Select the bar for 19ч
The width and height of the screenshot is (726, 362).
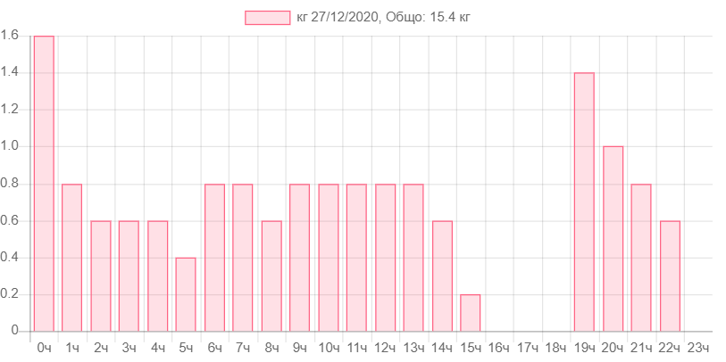[x=584, y=202]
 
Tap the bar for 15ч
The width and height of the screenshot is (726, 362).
[x=471, y=312]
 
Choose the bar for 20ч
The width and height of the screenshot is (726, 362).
[x=613, y=238]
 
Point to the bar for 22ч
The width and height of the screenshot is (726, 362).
[x=670, y=276]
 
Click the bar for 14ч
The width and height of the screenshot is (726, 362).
[x=442, y=276]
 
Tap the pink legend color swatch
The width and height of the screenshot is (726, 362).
[x=267, y=18]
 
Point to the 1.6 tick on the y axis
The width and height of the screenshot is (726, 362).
[x=10, y=36]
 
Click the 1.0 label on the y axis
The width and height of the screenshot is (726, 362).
[x=10, y=146]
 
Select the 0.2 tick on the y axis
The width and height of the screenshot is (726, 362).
[x=10, y=294]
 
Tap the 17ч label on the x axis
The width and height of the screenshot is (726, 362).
[x=528, y=347]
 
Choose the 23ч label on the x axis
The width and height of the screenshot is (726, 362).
[x=698, y=347]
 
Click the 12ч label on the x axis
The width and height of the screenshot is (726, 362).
[x=385, y=347]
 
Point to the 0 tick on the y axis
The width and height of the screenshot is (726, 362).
[x=15, y=331]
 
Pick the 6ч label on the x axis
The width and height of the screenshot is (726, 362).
[x=214, y=347]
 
